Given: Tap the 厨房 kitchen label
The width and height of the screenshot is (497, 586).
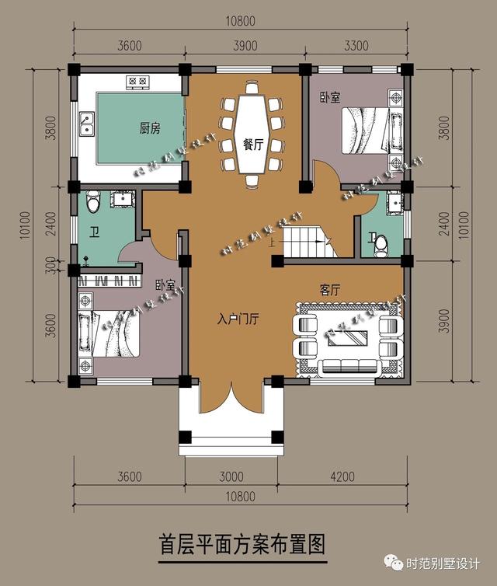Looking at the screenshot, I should coord(150,129).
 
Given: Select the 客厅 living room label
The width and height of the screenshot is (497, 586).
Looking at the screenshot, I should coord(331,289).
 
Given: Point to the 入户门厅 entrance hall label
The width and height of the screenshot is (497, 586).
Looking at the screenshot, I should coord(237,319).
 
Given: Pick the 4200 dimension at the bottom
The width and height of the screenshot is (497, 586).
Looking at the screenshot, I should coord(342,476).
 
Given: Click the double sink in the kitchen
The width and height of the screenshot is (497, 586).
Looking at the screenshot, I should coord(85,124).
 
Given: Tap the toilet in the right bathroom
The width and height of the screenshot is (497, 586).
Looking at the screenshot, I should coord(381,245).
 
